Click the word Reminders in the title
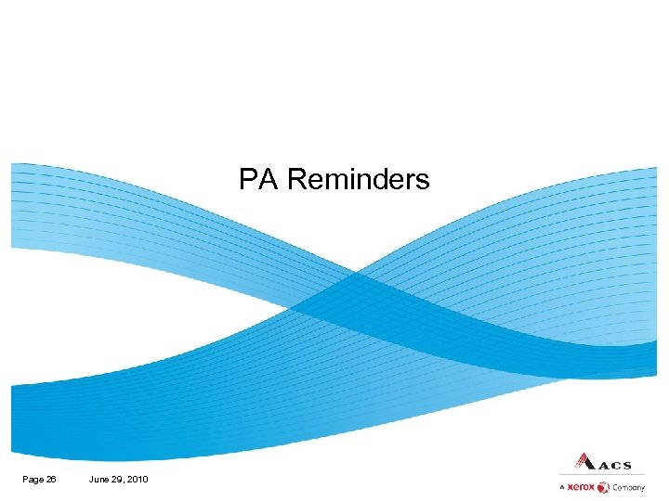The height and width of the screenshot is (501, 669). [x=359, y=179]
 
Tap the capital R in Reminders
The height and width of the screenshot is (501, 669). [x=296, y=179]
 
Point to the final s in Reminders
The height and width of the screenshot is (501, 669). [x=423, y=181]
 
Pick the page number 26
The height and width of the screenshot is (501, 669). [x=50, y=479]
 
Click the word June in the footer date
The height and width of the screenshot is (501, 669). [x=100, y=479]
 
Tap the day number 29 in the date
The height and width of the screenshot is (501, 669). [x=119, y=479]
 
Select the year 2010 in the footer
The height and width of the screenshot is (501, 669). [x=138, y=479]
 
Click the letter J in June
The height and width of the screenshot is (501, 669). [x=91, y=479]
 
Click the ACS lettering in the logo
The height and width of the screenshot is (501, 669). [x=613, y=465]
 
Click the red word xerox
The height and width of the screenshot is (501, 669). [x=582, y=487]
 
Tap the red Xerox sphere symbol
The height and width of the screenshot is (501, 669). [x=603, y=487]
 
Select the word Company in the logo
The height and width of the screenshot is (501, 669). [x=628, y=488]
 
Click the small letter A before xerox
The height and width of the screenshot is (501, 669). [x=562, y=488]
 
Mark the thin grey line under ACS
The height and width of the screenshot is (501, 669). [x=602, y=475]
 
